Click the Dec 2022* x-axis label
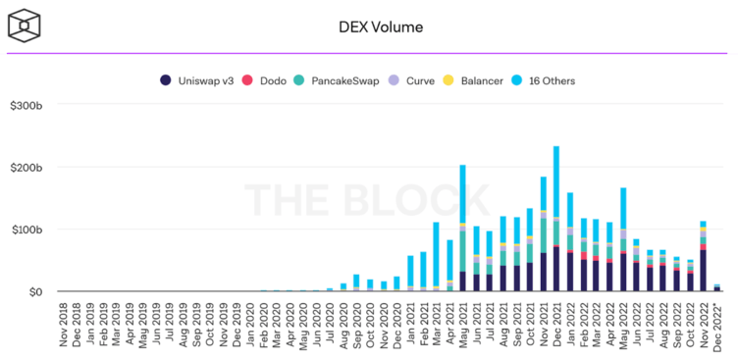pos(716,326)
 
